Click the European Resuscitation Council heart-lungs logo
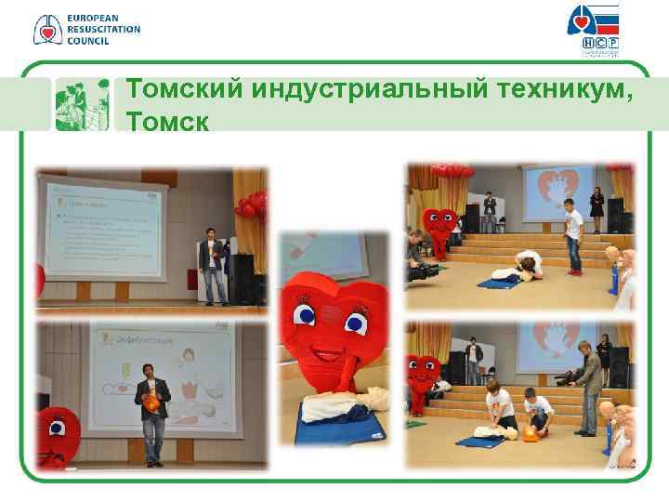46,29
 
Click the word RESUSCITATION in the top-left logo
103,29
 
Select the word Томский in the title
185,89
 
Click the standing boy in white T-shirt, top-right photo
573,240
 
